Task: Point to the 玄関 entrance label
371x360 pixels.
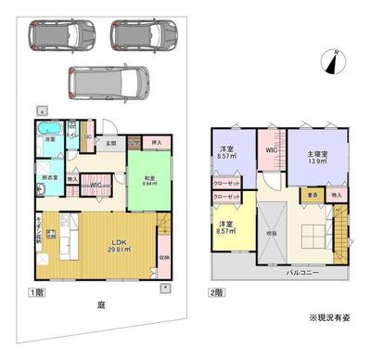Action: (x=110, y=143)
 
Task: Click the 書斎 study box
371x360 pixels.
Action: (x=313, y=195)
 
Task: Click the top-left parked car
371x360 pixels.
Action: (x=61, y=35)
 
